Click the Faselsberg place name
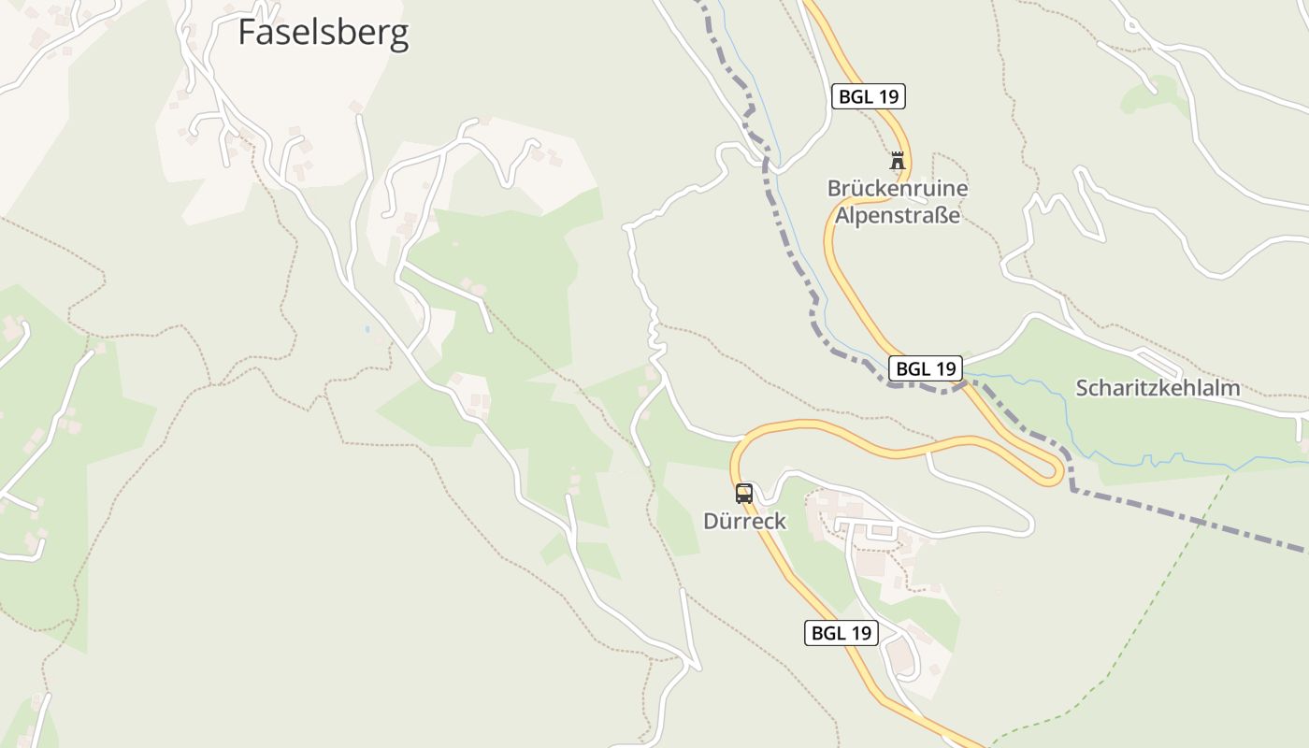tap(323, 33)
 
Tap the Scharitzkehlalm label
tap(1158, 388)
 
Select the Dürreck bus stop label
tap(745, 521)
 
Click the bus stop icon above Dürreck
tap(743, 494)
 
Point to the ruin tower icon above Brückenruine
tap(898, 161)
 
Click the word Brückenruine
tap(898, 188)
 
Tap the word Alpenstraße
tap(898, 216)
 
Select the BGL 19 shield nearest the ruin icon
tap(869, 96)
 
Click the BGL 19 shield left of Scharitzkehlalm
tap(925, 368)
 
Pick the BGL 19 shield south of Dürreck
tap(841, 633)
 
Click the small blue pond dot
tap(367, 329)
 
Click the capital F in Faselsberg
tap(247, 33)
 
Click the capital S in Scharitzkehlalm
tap(1083, 388)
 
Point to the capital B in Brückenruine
tap(834, 188)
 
